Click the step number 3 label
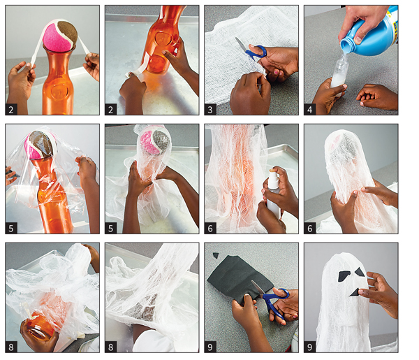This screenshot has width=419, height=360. point(210,109)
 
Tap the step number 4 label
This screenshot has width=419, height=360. point(309,109)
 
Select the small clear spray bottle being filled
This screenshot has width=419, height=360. point(339,73)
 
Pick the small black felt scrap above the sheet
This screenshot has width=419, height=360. point(215,255)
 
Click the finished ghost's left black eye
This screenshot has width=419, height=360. point(344,276)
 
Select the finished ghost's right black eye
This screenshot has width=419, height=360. point(360,273)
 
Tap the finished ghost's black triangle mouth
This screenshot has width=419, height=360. point(355,293)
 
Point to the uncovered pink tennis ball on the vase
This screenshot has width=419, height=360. point(60,36)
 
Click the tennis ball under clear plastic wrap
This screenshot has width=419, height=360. point(41,145)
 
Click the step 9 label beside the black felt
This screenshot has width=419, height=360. point(210,347)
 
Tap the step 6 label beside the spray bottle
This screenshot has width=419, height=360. point(210,228)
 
